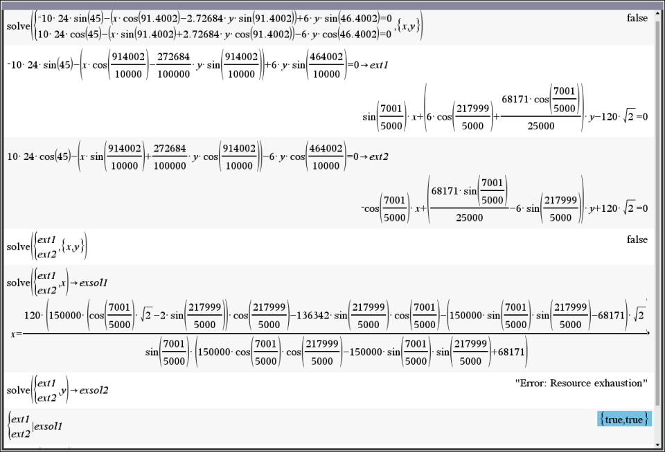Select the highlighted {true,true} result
623,419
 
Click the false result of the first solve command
637,18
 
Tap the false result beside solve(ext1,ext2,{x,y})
637,239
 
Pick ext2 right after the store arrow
378,156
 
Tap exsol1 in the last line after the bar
48,426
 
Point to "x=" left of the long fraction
16,334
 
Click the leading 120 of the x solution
33,316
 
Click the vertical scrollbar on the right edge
657,208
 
